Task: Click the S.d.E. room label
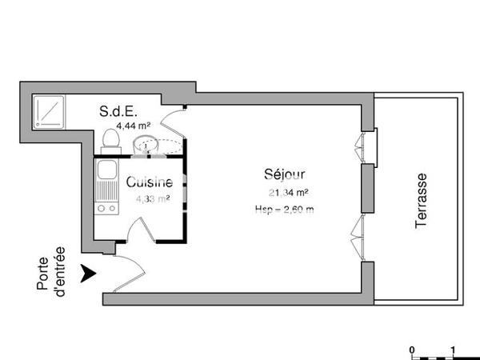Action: pos(118,112)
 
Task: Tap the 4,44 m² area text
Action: pos(134,126)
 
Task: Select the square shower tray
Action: pos(48,113)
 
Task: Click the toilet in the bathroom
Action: pos(110,141)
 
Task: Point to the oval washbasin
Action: pos(146,145)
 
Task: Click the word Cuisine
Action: pos(149,183)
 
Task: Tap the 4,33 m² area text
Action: pos(151,199)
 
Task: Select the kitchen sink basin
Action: pos(104,176)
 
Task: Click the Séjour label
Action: pos(284,174)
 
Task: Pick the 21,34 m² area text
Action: pos(289,192)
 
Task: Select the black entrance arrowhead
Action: pos(90,274)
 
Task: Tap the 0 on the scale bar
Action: pos(411,350)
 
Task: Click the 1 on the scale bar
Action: pos(454,350)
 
